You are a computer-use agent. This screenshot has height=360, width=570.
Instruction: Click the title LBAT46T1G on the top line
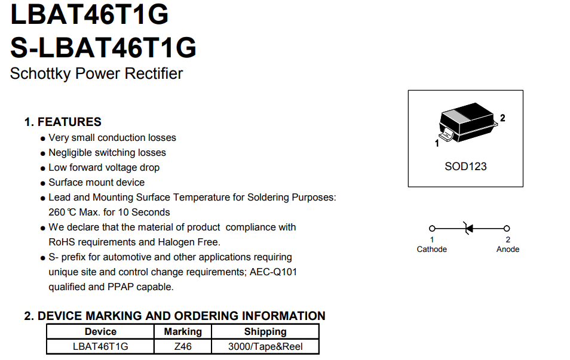pos(90,14)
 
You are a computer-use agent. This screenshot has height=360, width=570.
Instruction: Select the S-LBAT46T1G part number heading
pos(103,47)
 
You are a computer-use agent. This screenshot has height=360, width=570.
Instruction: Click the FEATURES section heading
pos(69,122)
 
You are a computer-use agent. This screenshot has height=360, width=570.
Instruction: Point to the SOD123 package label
pos(465,167)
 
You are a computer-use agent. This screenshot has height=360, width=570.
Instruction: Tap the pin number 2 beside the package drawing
pos(502,118)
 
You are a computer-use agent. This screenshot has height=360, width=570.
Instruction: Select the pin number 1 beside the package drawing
pos(437,143)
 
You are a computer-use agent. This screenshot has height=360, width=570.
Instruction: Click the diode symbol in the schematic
pos(468,228)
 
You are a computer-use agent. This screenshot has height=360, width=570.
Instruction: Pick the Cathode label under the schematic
pos(431,249)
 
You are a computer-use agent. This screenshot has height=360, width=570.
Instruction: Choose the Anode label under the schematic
pos(508,249)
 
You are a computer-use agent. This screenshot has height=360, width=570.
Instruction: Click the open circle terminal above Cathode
pos(432,228)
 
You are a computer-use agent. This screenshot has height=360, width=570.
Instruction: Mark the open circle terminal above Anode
pos(507,228)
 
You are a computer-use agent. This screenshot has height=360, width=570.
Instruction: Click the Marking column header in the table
pos(183,332)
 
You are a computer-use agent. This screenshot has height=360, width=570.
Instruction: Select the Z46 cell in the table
pos(183,346)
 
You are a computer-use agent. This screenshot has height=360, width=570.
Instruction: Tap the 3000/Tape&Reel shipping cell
pos(265,346)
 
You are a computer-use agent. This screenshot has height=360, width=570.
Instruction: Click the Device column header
pos(100,332)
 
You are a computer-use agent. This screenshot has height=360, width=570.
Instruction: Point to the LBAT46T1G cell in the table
pos(100,346)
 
